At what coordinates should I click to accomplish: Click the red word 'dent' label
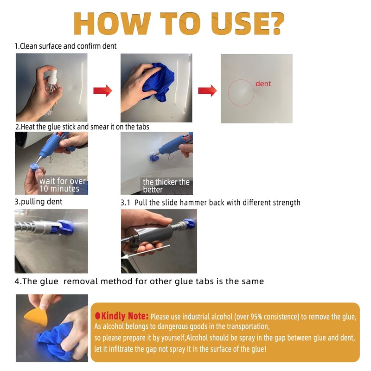(263, 84)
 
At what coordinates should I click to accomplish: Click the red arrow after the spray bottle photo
(102, 90)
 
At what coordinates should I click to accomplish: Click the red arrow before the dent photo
(207, 90)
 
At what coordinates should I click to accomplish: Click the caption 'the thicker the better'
(166, 185)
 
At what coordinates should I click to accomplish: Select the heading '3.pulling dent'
(38, 202)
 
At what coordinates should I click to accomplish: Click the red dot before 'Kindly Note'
(98, 316)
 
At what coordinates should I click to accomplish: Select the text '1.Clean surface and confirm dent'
(65, 46)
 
